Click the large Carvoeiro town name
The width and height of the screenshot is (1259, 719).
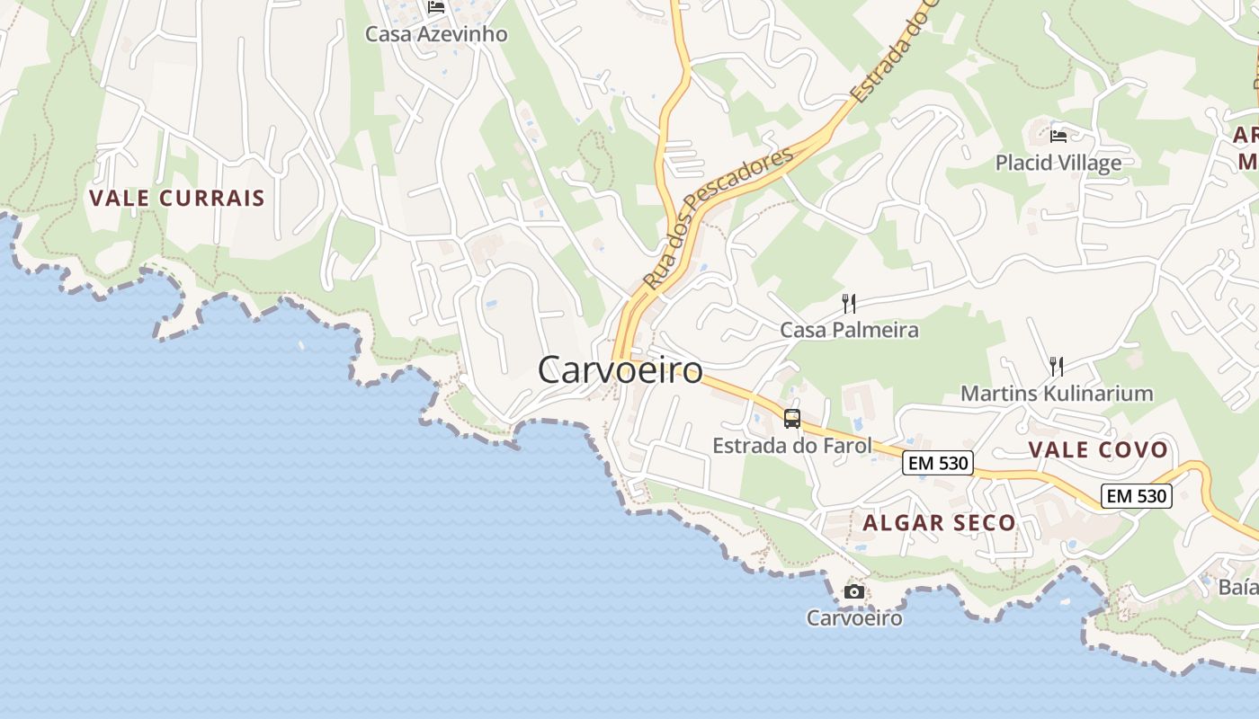(x=620, y=369)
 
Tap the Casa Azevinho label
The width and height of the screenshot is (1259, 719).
(x=436, y=34)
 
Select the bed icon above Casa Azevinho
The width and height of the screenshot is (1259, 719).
(x=436, y=7)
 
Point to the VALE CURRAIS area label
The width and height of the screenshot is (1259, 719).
(x=177, y=199)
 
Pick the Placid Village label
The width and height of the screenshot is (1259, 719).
(x=1058, y=163)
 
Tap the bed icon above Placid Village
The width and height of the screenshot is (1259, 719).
(x=1058, y=136)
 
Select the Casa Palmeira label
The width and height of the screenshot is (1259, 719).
(x=849, y=330)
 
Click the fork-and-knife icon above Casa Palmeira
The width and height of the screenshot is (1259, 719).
(x=849, y=303)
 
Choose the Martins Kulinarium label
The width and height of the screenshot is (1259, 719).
(x=1057, y=393)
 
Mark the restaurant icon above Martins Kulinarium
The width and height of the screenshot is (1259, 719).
(x=1057, y=366)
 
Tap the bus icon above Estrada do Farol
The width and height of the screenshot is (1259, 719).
(x=791, y=418)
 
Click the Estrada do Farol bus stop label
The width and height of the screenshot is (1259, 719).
(x=791, y=445)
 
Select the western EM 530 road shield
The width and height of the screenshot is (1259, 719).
(x=938, y=463)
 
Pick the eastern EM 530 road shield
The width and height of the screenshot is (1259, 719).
(x=1137, y=495)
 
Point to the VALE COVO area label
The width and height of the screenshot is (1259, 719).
(x=1098, y=449)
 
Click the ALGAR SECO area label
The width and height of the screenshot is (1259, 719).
(x=939, y=522)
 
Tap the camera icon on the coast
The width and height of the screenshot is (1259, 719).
(x=854, y=591)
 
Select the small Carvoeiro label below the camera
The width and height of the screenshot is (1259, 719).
(x=854, y=618)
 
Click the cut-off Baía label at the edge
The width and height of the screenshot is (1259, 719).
(x=1238, y=587)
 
